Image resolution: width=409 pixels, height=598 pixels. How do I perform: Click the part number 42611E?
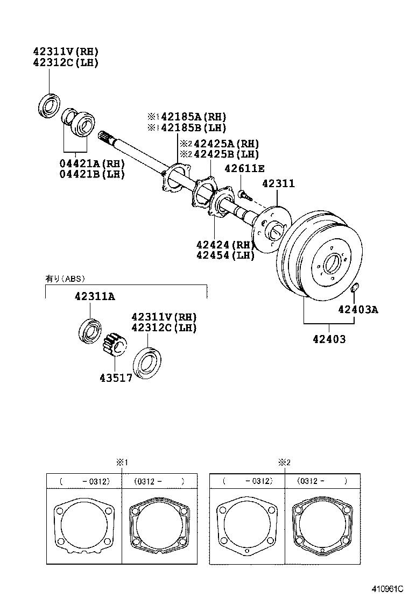244,168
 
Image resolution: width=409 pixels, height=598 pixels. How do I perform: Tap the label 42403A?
358,309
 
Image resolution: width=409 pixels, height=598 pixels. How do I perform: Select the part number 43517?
116,378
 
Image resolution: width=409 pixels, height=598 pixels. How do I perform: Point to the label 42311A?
94,296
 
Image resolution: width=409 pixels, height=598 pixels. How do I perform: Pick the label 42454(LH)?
225,255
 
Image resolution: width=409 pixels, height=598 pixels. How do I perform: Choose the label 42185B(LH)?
189,128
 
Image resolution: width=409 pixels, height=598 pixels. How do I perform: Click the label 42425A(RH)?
222,144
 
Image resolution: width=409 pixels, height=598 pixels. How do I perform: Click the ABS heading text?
65,279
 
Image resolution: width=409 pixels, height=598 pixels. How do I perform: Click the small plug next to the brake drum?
354,289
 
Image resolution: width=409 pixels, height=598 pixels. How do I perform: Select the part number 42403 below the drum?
329,339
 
